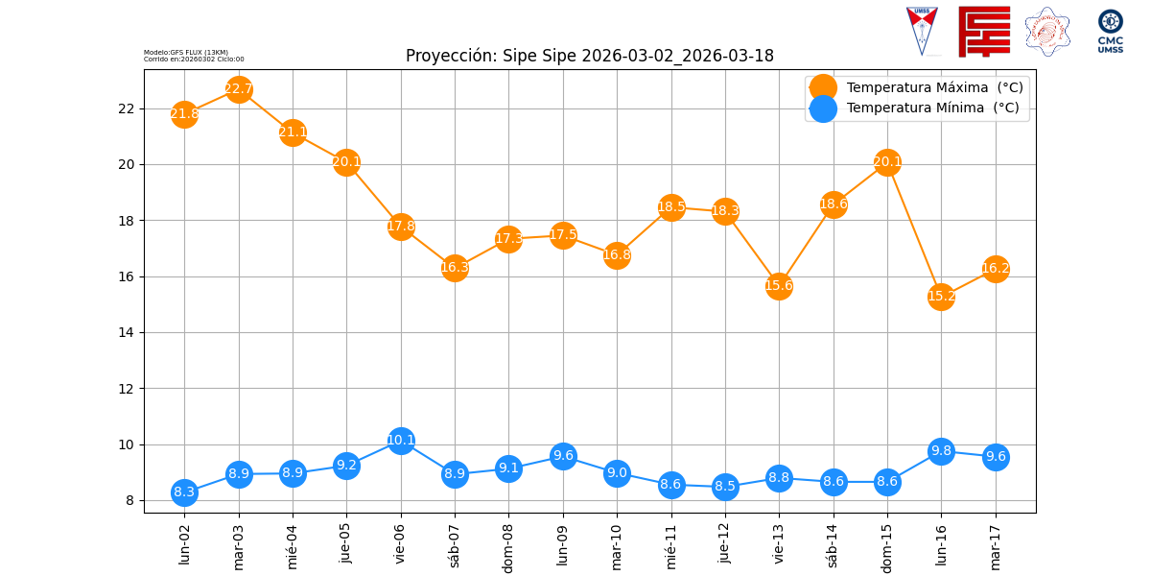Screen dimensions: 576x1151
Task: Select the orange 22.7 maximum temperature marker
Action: (x=239, y=89)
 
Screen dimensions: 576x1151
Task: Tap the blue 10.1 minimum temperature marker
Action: (x=401, y=441)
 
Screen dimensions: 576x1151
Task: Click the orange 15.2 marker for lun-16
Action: (x=941, y=296)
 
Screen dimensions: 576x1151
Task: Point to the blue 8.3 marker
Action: (x=184, y=492)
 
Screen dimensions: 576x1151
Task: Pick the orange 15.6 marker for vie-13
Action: (x=779, y=285)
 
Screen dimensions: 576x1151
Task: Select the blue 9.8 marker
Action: (x=941, y=451)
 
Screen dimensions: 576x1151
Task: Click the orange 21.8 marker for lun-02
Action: (x=184, y=114)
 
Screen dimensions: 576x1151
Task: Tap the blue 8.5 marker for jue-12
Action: (x=725, y=486)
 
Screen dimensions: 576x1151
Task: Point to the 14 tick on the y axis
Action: (x=127, y=332)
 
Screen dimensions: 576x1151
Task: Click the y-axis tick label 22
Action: (x=127, y=108)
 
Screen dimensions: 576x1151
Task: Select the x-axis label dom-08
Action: (x=508, y=547)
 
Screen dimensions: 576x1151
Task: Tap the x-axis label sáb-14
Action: (x=833, y=545)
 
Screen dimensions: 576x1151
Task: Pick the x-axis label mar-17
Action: (x=995, y=545)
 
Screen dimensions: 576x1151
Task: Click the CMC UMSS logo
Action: (x=1111, y=31)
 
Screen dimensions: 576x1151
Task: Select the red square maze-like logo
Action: (x=984, y=31)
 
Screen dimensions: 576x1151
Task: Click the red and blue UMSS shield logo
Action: (x=922, y=31)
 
